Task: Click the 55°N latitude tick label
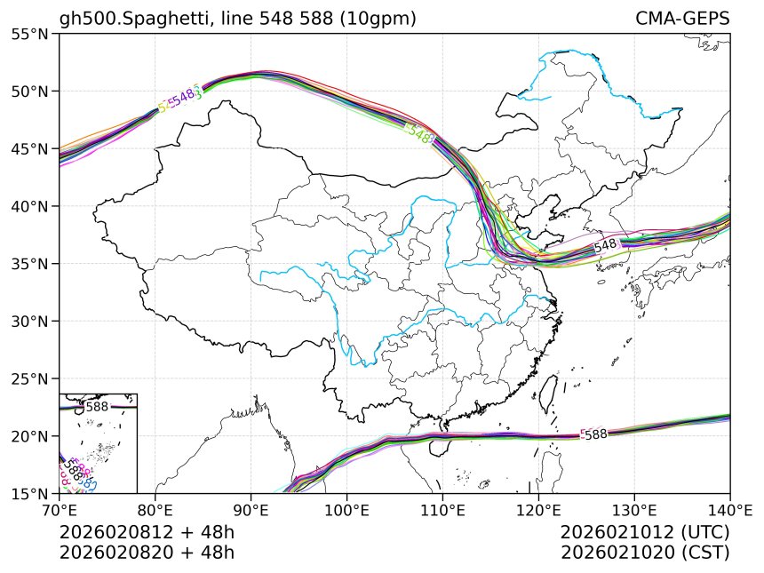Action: [x=30, y=34]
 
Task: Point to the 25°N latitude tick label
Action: [x=30, y=378]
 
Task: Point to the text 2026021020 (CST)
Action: [x=645, y=552]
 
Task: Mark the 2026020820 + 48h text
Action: [x=147, y=552]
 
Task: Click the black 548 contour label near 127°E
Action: [x=605, y=245]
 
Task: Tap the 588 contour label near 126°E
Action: [x=595, y=434]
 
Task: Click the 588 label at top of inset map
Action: [x=97, y=407]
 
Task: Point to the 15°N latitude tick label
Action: [x=30, y=493]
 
